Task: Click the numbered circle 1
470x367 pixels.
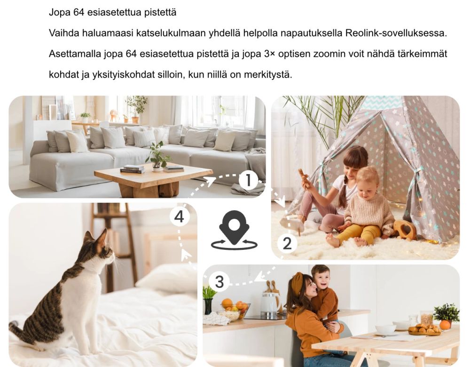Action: [249, 180]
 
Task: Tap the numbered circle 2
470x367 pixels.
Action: [287, 243]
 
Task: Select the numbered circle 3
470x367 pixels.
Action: [219, 282]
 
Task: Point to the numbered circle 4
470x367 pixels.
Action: [179, 216]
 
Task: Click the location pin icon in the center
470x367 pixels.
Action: [234, 230]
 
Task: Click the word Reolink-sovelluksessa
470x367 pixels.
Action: [396, 33]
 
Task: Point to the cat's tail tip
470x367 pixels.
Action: [14, 324]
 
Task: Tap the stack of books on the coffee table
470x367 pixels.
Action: [132, 169]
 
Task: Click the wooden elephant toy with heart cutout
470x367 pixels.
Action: [405, 230]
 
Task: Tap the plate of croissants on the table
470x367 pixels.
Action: [425, 329]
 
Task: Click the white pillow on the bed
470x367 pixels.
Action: [166, 279]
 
